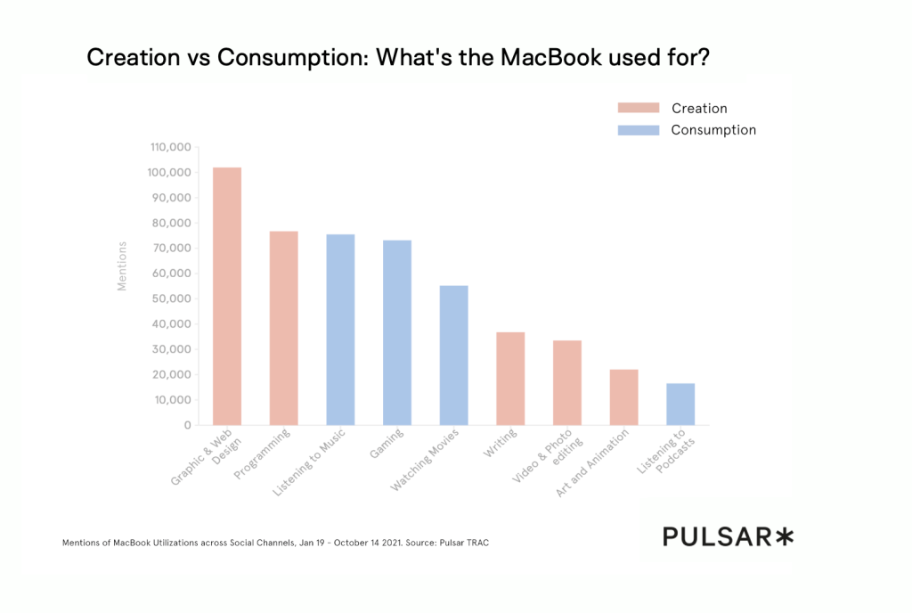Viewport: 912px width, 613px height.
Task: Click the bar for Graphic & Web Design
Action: (227, 296)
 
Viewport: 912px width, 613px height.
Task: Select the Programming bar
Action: (284, 328)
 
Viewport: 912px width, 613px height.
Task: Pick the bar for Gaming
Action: (397, 332)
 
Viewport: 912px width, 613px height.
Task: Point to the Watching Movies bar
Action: (454, 355)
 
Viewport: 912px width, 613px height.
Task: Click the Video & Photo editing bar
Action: (567, 382)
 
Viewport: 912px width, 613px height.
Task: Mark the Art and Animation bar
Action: (624, 396)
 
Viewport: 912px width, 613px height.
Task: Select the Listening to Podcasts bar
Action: (680, 404)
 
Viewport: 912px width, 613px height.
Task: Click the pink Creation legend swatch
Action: (639, 108)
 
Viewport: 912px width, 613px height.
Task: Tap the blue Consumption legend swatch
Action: (639, 130)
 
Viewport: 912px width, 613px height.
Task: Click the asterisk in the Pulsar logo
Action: (783, 536)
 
